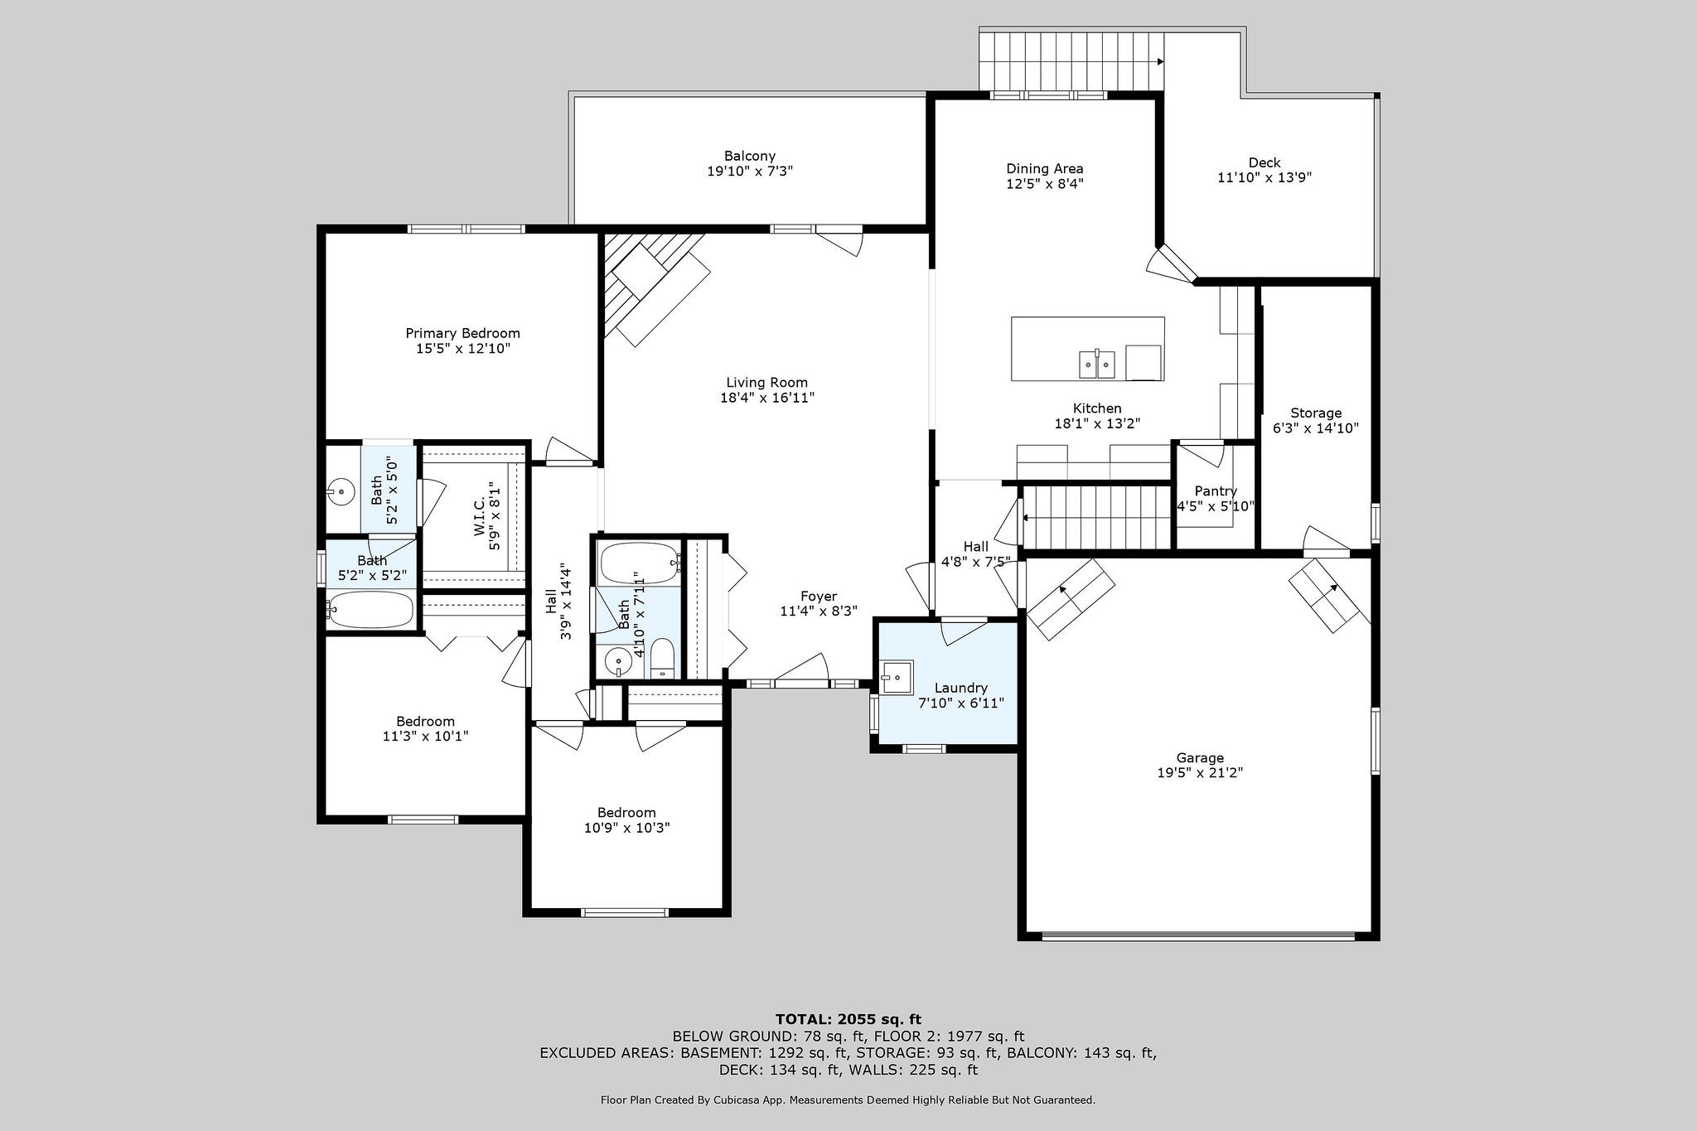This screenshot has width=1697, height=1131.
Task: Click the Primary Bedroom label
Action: [x=462, y=333]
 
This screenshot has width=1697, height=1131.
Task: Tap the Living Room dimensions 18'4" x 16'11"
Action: [x=767, y=398]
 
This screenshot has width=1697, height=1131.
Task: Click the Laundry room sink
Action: [x=896, y=677]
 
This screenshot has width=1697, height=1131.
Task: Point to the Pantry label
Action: [x=1216, y=491]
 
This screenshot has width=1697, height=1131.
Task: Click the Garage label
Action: [x=1200, y=757]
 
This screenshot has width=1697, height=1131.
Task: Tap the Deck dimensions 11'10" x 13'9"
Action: [x=1264, y=177]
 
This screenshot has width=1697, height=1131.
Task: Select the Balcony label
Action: [x=750, y=156]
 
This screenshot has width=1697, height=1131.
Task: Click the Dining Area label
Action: [x=1045, y=168]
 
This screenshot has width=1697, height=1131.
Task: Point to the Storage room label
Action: [x=1316, y=413]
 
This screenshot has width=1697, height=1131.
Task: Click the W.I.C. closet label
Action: [x=480, y=517]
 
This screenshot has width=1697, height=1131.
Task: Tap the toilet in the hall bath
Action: [x=663, y=660]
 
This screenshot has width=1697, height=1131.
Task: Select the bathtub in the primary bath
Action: [x=370, y=611]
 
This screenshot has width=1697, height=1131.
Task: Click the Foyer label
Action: [x=819, y=596]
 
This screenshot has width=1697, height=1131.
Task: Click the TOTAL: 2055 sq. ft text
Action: [x=848, y=1019]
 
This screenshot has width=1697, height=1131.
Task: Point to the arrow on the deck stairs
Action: [x=1160, y=61]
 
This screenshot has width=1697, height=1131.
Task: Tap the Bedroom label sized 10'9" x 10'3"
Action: [x=626, y=812]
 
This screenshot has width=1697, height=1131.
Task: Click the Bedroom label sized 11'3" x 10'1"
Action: [x=425, y=721]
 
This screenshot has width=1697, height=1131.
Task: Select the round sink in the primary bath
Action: [x=341, y=491]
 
